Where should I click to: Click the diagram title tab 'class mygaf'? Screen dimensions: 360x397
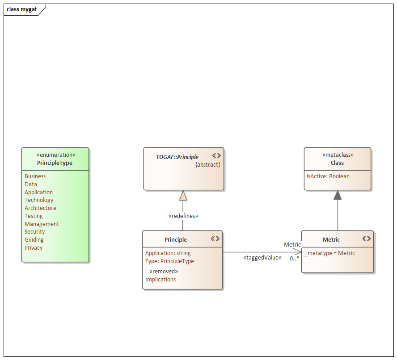tap(22, 9)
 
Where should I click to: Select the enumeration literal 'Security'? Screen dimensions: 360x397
tap(35, 232)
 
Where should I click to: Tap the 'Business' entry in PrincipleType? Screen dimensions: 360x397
tap(35, 176)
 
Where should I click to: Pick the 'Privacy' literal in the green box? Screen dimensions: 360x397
tap(34, 248)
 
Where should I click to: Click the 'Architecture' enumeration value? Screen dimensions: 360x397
tap(40, 208)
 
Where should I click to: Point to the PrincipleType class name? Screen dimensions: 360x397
tap(55, 163)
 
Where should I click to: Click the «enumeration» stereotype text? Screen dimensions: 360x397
tap(55, 155)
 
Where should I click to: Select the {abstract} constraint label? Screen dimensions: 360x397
tap(208, 165)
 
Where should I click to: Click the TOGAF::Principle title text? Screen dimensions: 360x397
tap(177, 157)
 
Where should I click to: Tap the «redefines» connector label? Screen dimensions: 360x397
tap(183, 216)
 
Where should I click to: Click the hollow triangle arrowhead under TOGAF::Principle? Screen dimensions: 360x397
tap(183, 196)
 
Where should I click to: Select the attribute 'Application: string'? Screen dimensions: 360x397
tap(168, 253)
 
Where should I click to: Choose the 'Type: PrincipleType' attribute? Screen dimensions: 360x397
tap(169, 261)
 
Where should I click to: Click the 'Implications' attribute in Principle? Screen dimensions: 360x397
tap(160, 280)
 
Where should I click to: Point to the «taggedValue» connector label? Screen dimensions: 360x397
tap(262, 258)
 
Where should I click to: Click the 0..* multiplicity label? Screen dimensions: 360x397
tap(294, 259)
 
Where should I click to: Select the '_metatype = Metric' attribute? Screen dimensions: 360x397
tap(330, 253)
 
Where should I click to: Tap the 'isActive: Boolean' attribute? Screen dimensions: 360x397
tap(328, 176)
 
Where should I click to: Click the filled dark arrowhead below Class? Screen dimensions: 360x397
tap(338, 195)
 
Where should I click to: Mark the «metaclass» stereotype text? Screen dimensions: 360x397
tap(338, 155)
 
